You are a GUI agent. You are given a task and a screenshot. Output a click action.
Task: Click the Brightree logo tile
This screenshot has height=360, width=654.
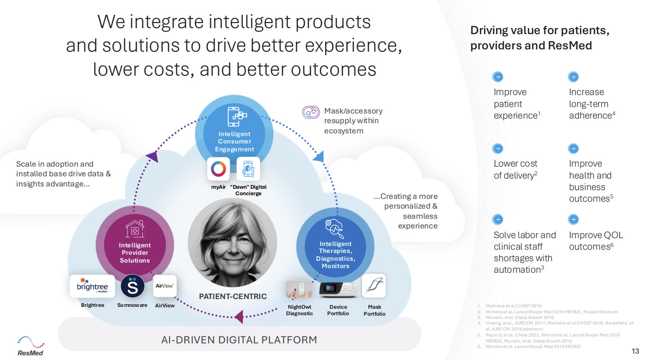92,286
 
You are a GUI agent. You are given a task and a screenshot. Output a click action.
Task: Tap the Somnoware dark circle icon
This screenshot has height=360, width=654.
132,286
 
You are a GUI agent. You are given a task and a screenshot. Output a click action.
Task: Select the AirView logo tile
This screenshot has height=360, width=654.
165,286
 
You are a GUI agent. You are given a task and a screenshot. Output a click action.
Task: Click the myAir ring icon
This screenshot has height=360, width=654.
218,168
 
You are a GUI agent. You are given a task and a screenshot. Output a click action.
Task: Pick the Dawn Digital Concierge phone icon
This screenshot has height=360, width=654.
248,168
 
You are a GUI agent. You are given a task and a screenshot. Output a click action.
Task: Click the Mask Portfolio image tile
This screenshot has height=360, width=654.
374,286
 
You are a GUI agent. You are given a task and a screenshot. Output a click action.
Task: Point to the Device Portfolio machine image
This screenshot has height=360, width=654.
339,289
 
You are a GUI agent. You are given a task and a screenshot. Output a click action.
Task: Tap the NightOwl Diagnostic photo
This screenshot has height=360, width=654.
299,289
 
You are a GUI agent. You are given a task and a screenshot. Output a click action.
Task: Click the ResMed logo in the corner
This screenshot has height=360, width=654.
30,346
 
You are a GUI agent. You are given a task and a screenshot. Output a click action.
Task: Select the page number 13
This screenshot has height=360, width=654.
636,351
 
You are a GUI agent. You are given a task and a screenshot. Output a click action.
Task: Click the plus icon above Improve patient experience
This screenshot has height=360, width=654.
498,77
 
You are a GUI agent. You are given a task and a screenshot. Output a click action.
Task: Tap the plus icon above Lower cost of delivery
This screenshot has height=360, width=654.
498,149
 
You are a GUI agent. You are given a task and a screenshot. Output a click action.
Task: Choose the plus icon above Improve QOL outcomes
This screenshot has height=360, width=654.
574,219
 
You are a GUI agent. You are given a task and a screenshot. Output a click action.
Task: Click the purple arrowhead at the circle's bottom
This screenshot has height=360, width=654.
239,317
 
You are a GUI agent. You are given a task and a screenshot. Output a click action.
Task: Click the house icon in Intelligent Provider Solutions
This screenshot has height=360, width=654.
134,228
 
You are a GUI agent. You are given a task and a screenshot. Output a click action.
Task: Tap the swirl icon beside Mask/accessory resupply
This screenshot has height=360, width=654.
311,112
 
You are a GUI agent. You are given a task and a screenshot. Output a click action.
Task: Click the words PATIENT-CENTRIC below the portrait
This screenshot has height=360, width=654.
233,296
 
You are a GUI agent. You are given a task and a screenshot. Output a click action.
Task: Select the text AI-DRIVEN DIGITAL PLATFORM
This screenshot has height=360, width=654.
239,340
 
